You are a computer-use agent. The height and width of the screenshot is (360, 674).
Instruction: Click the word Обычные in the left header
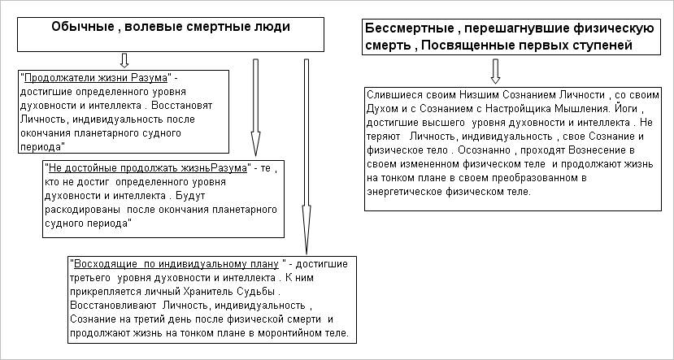80,26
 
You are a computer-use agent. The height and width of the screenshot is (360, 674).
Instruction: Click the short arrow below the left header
124,60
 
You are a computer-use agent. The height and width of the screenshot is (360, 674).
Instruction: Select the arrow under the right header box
494,72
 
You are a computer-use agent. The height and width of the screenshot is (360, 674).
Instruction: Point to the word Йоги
628,107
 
